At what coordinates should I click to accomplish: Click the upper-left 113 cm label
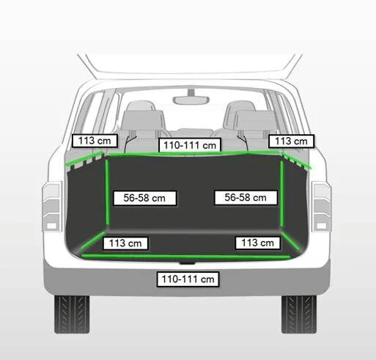pyautogui.click(x=95, y=141)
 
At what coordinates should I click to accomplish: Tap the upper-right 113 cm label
pyautogui.click(x=291, y=141)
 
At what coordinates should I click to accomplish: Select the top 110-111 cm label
pyautogui.click(x=190, y=145)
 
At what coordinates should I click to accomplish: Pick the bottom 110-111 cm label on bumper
pyautogui.click(x=188, y=279)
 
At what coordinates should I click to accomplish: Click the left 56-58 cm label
pyautogui.click(x=144, y=198)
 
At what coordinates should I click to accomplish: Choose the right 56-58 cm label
pyautogui.click(x=246, y=197)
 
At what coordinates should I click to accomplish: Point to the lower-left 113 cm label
pyautogui.click(x=125, y=243)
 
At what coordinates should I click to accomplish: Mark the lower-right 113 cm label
pyautogui.click(x=257, y=243)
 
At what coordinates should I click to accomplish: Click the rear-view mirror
pyautogui.click(x=191, y=100)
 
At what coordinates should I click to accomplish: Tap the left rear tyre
pyautogui.click(x=72, y=315)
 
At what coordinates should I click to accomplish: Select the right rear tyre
pyautogui.click(x=299, y=315)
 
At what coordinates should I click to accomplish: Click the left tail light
pyautogui.click(x=51, y=207)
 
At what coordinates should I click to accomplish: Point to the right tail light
pyautogui.click(x=322, y=207)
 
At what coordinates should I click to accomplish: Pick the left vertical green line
pyautogui.click(x=107, y=192)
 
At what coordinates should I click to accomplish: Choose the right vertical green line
pyautogui.click(x=281, y=193)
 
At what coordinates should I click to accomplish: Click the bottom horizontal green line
pyautogui.click(x=185, y=256)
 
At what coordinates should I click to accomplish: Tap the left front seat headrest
pyautogui.click(x=141, y=106)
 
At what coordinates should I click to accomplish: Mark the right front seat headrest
pyautogui.click(x=240, y=106)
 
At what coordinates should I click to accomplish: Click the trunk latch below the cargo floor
pyautogui.click(x=187, y=263)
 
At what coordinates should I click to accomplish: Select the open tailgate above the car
pyautogui.click(x=190, y=66)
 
